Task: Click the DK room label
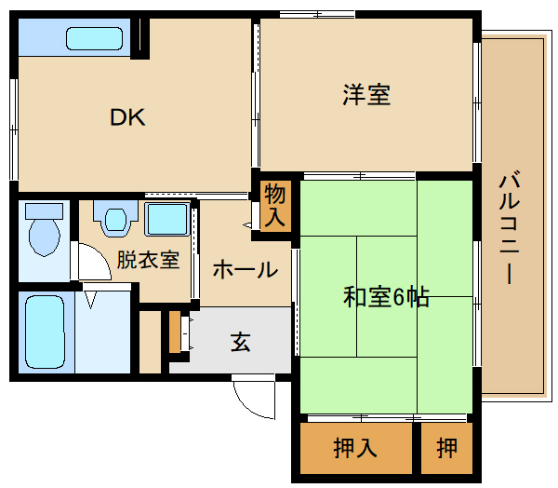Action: click(127, 117)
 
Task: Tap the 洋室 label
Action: click(366, 95)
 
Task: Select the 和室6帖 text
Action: click(386, 296)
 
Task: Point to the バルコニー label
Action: click(510, 227)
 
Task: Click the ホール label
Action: click(246, 269)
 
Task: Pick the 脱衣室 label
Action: click(148, 260)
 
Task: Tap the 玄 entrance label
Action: click(241, 342)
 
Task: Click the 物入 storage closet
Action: click(275, 206)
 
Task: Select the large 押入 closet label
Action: click(355, 448)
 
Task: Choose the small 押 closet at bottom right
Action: click(447, 448)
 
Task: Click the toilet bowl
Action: click(44, 237)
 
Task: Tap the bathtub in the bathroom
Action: click(46, 332)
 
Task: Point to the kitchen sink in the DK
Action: click(94, 38)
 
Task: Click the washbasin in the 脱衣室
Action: click(115, 219)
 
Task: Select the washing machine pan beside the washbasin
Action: click(166, 219)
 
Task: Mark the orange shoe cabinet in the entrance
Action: click(175, 332)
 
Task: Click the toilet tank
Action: click(44, 211)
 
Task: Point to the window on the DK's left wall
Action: click(14, 129)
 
